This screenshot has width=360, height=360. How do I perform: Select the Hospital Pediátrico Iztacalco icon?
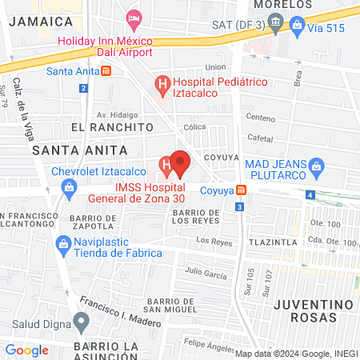coord(162,82)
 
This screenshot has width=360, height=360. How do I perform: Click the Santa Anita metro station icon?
coord(106,70)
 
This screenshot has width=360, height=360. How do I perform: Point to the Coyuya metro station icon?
coord(242,190)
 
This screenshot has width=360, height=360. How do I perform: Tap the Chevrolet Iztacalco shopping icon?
coord(70,188)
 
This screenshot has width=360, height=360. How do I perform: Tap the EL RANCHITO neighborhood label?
coord(111,126)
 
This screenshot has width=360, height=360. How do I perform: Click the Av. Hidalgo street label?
coord(113,114)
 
